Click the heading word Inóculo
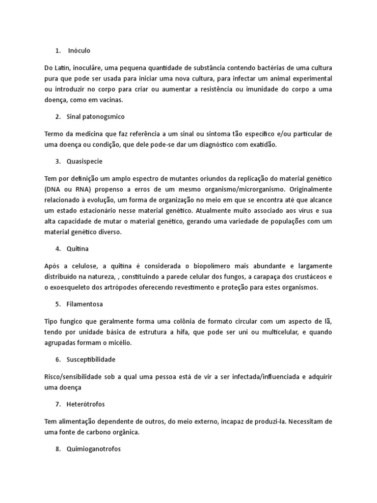pyautogui.click(x=80, y=51)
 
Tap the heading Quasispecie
pyautogui.click(x=85, y=161)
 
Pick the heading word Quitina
pyautogui.click(x=78, y=249)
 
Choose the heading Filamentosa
pyautogui.click(x=85, y=304)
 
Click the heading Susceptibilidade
pyautogui.click(x=91, y=359)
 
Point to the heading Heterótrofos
pyautogui.click(x=86, y=404)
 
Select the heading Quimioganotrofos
pyautogui.click(x=94, y=448)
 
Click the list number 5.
pyautogui.click(x=57, y=304)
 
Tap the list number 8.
pyautogui.click(x=57, y=448)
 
